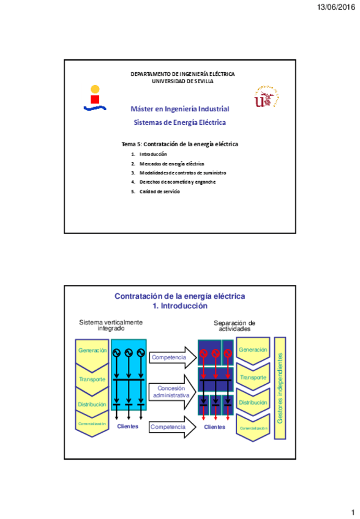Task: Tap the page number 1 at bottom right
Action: coord(353,512)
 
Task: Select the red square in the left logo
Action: coord(95,99)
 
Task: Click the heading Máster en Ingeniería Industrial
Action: coord(180,109)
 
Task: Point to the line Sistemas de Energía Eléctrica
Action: coord(180,122)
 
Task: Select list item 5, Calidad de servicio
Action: coord(159,192)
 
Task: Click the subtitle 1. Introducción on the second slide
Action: coord(180,306)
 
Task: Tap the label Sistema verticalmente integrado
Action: coord(111,325)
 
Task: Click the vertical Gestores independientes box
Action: coord(281,388)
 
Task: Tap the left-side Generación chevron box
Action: coord(92,352)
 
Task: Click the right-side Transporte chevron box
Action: coord(253,378)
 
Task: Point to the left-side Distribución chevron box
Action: coord(92,405)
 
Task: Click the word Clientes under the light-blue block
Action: coord(128,426)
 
